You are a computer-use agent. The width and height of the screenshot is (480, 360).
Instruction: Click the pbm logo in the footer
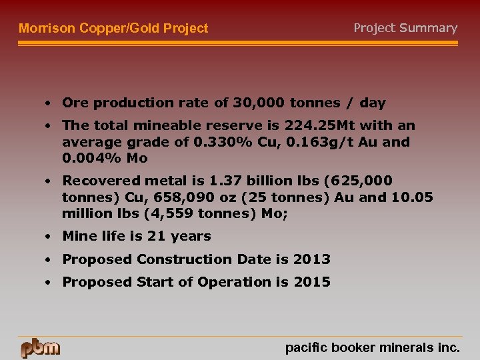tap(40, 348)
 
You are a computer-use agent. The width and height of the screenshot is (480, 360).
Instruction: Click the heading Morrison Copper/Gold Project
tap(113, 28)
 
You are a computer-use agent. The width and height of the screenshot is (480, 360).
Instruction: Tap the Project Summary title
tap(405, 28)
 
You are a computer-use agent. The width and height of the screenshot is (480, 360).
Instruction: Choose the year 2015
tap(314, 282)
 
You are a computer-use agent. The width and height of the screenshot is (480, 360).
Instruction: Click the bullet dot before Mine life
tap(49, 237)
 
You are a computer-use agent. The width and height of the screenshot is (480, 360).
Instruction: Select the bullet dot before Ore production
tap(49, 103)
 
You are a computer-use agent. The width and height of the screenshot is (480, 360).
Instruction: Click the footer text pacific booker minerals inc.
tap(373, 347)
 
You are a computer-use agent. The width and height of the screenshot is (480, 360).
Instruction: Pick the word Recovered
tap(97, 181)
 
